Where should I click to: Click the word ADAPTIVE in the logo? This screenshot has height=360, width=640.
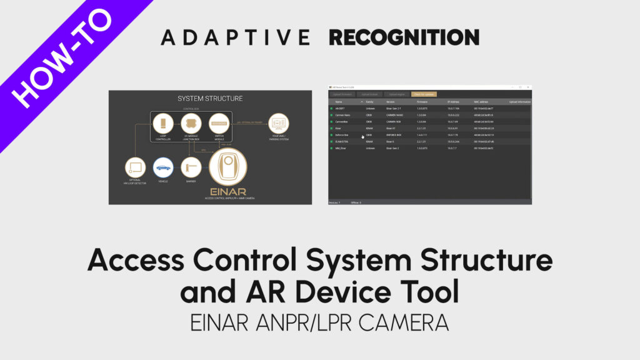pyautogui.click(x=235, y=37)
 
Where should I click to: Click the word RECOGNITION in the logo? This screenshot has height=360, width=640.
pyautogui.click(x=404, y=37)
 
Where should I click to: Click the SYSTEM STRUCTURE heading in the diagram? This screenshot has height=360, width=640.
pyautogui.click(x=210, y=99)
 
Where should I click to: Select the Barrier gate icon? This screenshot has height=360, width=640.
pyautogui.click(x=191, y=167)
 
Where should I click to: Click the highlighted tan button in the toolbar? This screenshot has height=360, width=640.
pyautogui.click(x=424, y=94)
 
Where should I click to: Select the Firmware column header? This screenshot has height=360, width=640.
pyautogui.click(x=422, y=101)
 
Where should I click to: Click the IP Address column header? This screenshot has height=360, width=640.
pyautogui.click(x=453, y=101)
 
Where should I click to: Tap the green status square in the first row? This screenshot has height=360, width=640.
pyautogui.click(x=332, y=108)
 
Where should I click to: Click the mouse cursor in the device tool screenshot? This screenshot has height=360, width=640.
pyautogui.click(x=362, y=136)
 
